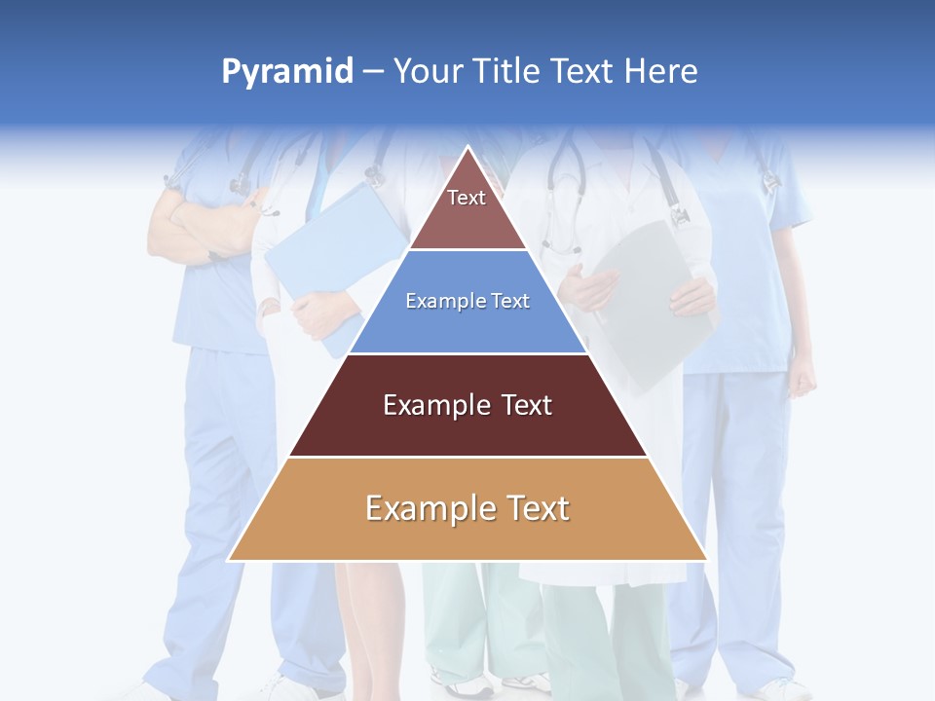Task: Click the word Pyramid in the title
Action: (x=287, y=72)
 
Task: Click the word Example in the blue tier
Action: (x=436, y=302)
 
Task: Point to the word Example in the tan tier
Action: (x=426, y=508)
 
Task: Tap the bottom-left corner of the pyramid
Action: (x=230, y=560)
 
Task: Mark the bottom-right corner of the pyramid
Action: (x=705, y=560)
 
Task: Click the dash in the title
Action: (x=372, y=72)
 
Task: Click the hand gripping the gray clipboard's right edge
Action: (x=693, y=297)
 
